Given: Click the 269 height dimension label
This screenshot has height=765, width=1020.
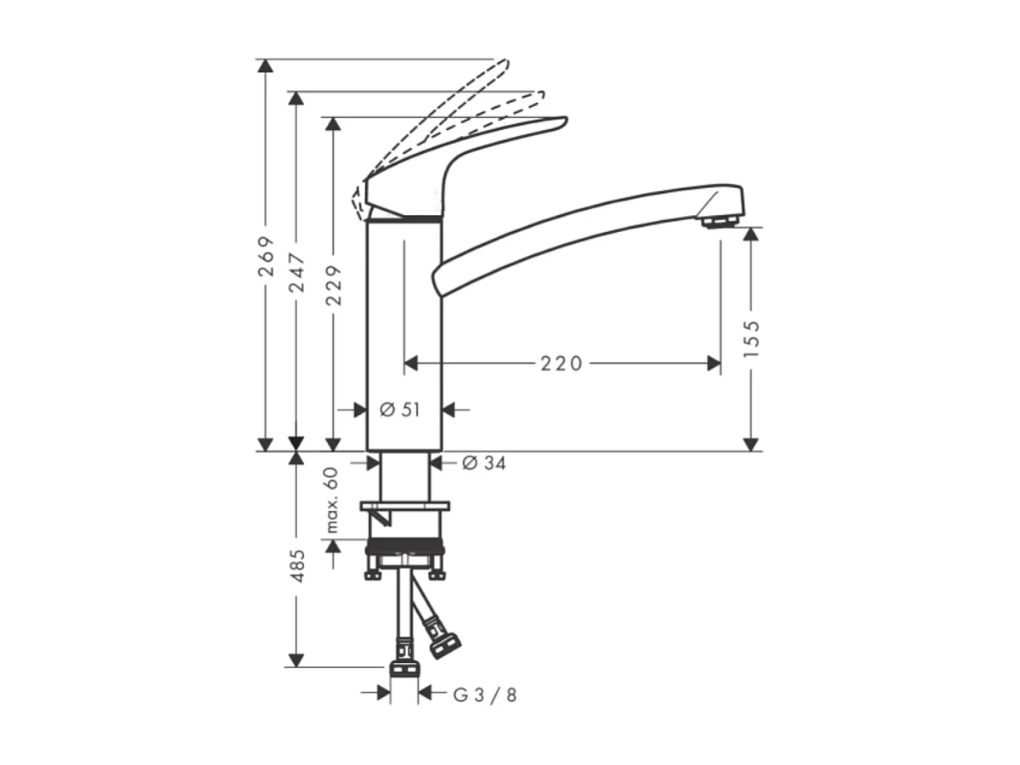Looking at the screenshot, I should [x=266, y=256].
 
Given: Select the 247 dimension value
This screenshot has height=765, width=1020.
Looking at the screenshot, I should [x=296, y=271].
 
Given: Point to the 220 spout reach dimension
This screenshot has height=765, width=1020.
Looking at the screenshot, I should [x=562, y=364].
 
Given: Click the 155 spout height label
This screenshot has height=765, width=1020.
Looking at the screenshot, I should [x=751, y=338].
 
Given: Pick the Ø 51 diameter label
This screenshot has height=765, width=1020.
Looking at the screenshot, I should [x=400, y=410].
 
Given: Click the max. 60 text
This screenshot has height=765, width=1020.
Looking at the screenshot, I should [x=332, y=501].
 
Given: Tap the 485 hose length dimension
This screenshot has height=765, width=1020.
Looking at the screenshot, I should [x=296, y=565].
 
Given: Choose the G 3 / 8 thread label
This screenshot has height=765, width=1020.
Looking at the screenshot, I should [x=484, y=694].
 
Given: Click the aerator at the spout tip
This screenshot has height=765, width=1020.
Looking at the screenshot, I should [x=720, y=221].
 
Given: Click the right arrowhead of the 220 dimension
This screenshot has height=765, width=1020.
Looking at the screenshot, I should [x=714, y=364].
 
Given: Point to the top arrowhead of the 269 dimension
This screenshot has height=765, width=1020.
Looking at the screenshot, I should [x=266, y=66].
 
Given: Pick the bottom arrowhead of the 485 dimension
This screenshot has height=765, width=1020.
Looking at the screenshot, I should [x=296, y=660].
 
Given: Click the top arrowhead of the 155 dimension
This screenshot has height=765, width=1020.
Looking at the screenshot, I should [x=751, y=234].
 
